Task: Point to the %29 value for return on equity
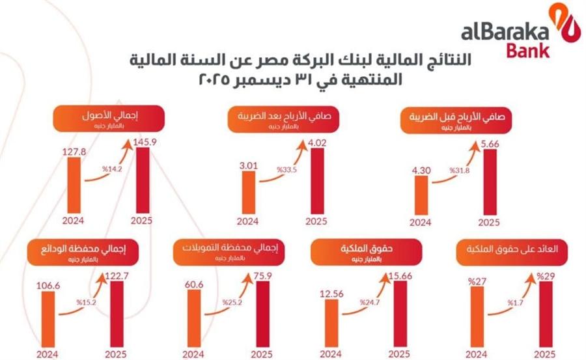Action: coord(544,276)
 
